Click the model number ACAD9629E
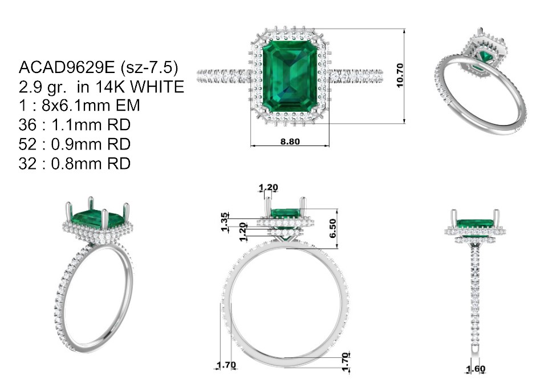pyautogui.click(x=67, y=67)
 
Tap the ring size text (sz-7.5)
pyautogui.click(x=149, y=68)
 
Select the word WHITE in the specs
pyautogui.click(x=157, y=87)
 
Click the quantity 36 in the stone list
pyautogui.click(x=27, y=125)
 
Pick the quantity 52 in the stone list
pyautogui.click(x=27, y=144)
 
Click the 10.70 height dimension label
pyautogui.click(x=400, y=75)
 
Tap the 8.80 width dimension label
pyautogui.click(x=290, y=142)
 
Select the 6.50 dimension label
pyautogui.click(x=332, y=228)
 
